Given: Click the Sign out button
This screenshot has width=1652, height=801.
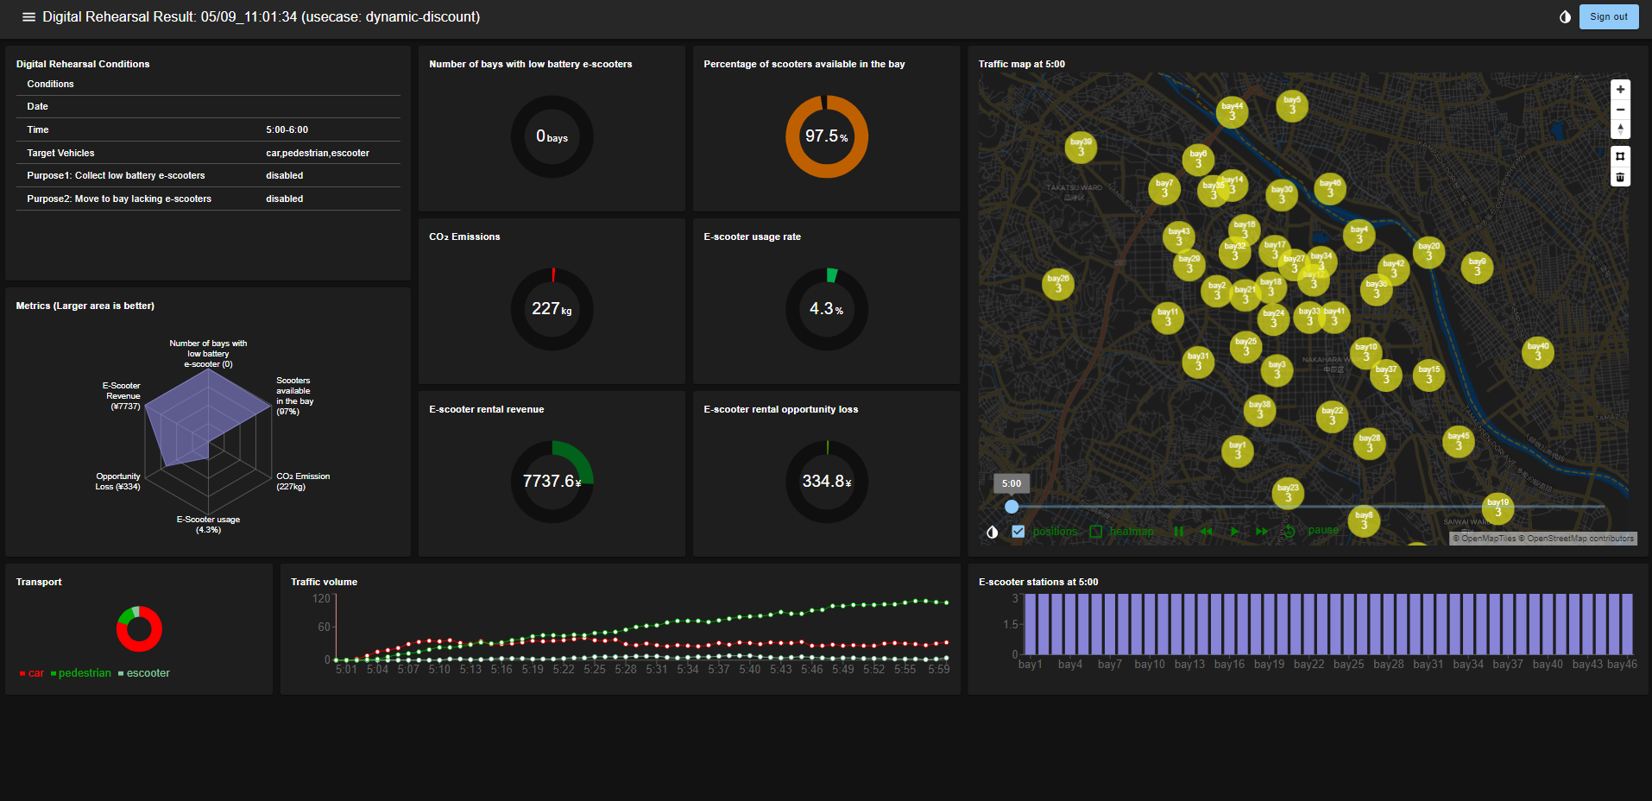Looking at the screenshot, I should (1608, 16).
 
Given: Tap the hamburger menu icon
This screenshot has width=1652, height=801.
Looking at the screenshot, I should (28, 17).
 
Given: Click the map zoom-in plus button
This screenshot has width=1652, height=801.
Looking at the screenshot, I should (1620, 90).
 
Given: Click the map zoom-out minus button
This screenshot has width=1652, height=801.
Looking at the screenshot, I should (1620, 110).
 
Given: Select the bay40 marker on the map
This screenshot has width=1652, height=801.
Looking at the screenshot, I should (1537, 352).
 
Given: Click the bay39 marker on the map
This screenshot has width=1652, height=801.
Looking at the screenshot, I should (1081, 148).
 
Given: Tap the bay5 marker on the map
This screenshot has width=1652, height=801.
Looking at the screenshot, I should (1291, 106).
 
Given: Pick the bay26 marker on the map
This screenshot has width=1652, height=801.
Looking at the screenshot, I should (1058, 283).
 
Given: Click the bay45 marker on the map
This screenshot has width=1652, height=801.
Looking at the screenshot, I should (1458, 442).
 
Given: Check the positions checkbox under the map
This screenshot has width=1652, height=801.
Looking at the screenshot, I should (1018, 532).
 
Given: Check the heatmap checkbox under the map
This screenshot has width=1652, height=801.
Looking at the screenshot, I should (1096, 532).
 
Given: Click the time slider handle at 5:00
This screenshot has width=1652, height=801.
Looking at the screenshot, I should (1012, 507).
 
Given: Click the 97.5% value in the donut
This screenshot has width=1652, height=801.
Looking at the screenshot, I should (826, 136).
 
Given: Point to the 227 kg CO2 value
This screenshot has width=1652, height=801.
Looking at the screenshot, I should (552, 309).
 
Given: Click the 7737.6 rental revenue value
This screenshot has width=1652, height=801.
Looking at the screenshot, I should (552, 482).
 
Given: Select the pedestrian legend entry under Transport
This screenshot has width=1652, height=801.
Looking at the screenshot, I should (84, 673).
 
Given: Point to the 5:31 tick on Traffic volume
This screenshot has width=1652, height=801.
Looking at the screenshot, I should (656, 669).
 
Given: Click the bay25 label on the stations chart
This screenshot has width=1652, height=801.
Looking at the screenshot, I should (1348, 665).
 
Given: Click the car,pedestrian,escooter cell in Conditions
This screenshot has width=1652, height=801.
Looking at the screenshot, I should (317, 153).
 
